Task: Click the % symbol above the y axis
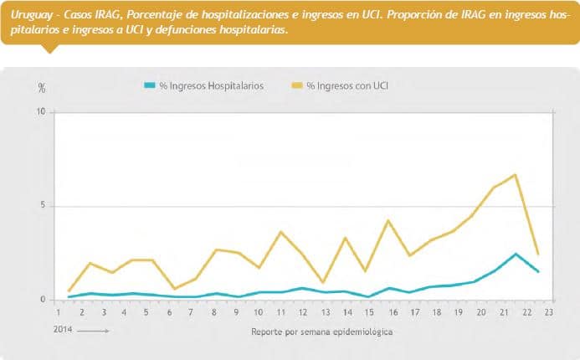tap(42, 88)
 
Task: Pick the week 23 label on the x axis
tap(548, 311)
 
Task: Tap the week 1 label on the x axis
tap(58, 311)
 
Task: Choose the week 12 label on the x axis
tap(303, 311)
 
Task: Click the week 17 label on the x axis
tap(414, 311)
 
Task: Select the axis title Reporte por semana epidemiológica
tap(321, 332)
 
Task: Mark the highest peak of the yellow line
tap(516, 175)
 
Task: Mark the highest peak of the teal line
tap(516, 254)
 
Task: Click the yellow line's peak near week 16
tap(388, 220)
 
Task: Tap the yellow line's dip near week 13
tap(324, 283)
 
